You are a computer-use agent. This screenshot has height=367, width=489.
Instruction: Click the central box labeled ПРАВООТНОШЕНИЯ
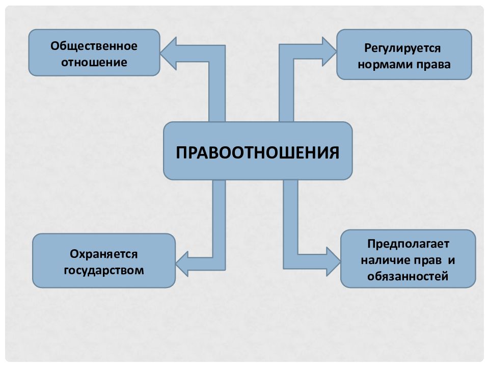tap(258, 151)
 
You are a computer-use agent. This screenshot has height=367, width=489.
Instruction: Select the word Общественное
tap(94, 46)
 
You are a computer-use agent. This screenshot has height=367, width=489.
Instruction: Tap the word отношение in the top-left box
tap(94, 62)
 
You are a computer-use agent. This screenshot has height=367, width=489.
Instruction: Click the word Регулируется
tap(402, 48)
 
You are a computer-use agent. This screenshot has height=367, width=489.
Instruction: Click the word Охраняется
tap(103, 254)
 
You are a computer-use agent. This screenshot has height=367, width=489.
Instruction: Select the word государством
tap(104, 270)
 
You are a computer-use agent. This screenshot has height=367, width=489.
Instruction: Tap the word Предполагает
tap(408, 244)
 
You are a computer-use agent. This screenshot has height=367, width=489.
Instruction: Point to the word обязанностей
tap(407, 276)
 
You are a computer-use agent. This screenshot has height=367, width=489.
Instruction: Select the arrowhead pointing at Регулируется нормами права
tap(330, 51)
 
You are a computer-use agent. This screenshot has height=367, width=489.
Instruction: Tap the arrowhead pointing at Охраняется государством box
tap(182, 264)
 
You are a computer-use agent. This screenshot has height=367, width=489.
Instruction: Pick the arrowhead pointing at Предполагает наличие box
tap(333, 261)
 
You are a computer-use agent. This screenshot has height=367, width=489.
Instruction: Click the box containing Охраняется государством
tap(104, 260)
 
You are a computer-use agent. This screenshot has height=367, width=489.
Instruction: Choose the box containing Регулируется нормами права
tap(404, 55)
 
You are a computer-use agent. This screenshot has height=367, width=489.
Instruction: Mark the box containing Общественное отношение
tap(94, 53)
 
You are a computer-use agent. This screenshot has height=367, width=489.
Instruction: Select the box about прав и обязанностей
tap(408, 259)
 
